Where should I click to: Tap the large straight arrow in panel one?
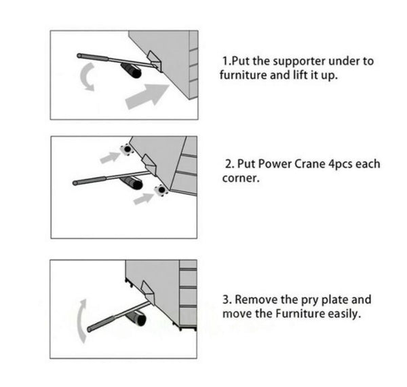point(147,96)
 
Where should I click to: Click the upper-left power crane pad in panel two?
point(128,149)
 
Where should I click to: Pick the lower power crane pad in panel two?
point(161,190)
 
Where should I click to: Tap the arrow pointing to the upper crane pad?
point(110,158)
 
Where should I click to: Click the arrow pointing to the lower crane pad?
point(144,199)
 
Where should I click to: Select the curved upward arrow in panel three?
point(81,321)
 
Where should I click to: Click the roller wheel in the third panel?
point(136,318)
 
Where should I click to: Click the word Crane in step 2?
point(310,164)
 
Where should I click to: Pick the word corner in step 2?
point(241,179)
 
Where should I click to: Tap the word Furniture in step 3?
point(300,314)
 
